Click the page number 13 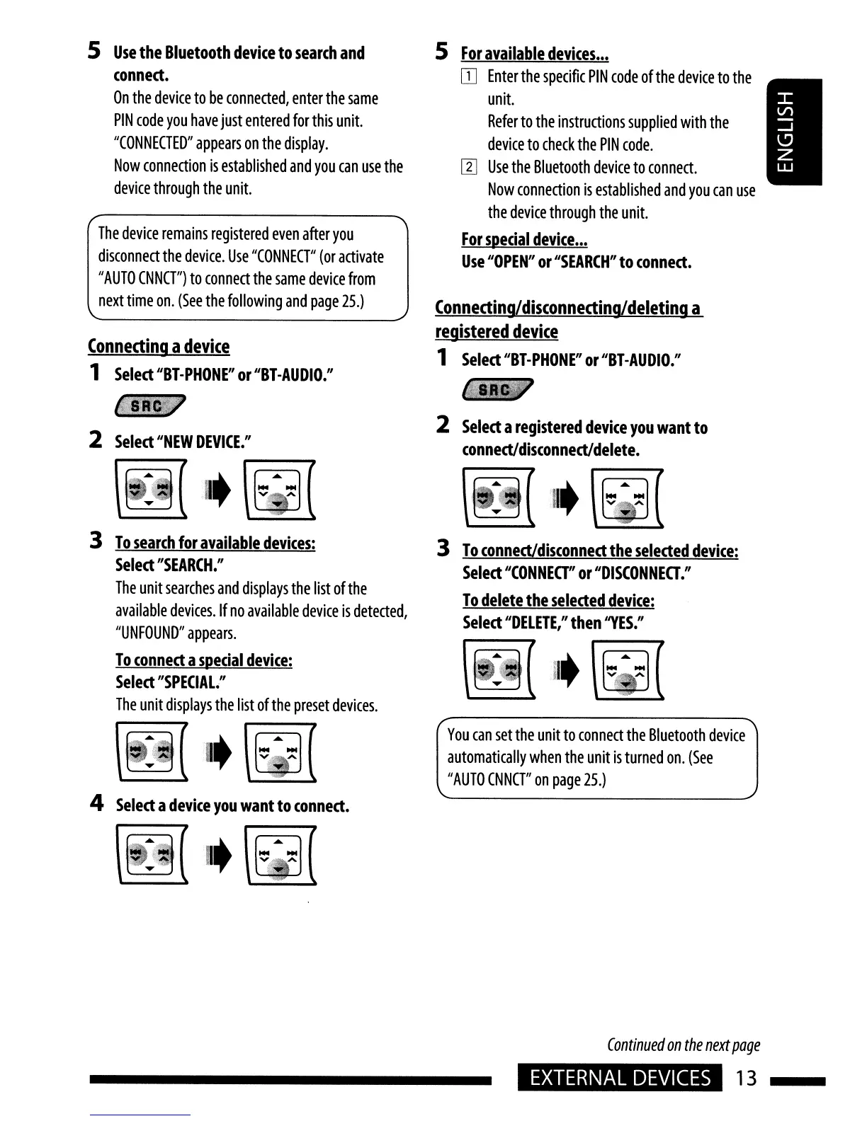pyautogui.click(x=746, y=1078)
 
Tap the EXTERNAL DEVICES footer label pyautogui.click(x=620, y=1078)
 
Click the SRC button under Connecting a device pyautogui.click(x=149, y=406)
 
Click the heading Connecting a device pyautogui.click(x=159, y=346)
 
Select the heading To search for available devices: pyautogui.click(x=215, y=543)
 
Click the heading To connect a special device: pyautogui.click(x=204, y=660)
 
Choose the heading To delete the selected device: pyautogui.click(x=558, y=600)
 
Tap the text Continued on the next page pyautogui.click(x=683, y=1045)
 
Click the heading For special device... pyautogui.click(x=524, y=239)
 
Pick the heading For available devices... pyautogui.click(x=535, y=54)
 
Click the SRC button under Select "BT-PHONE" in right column pyautogui.click(x=496, y=391)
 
